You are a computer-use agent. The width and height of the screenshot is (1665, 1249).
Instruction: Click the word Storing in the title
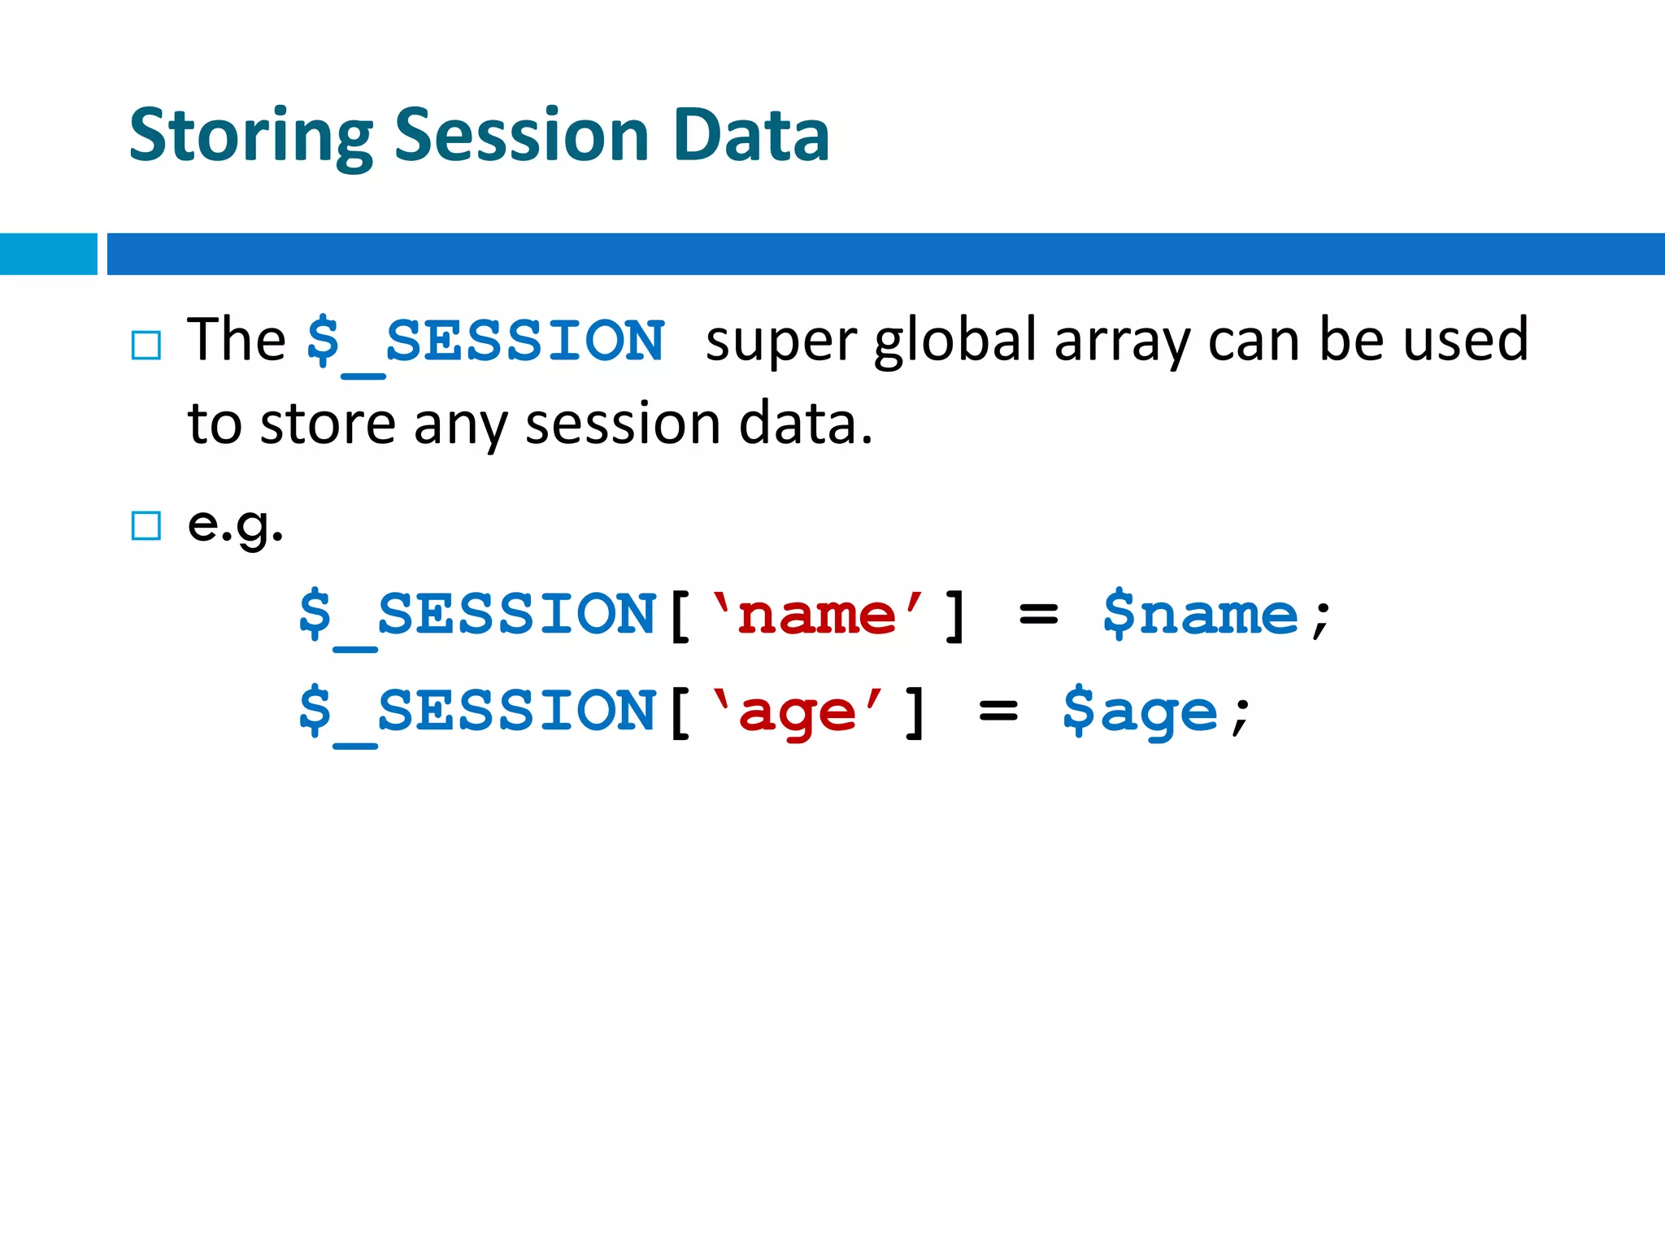click(250, 137)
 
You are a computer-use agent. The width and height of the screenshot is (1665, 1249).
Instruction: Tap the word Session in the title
click(521, 135)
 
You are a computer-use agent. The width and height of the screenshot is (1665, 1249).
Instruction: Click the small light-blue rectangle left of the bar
click(48, 254)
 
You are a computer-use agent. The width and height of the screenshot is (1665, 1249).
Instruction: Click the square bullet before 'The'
click(146, 346)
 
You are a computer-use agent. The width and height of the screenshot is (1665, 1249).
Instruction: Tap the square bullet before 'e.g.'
click(146, 525)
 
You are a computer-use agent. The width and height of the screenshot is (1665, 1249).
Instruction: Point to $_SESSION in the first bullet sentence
click(485, 342)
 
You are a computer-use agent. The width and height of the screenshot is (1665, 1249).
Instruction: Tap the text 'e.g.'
click(235, 524)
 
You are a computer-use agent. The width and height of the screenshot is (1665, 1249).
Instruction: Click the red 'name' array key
click(816, 615)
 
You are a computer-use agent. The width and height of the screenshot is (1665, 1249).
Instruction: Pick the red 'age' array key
click(797, 712)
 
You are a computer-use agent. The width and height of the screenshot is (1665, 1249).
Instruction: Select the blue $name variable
click(1200, 615)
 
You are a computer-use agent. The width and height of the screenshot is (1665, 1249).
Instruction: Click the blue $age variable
click(1140, 712)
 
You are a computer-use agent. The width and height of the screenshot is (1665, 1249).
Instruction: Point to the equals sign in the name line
click(1038, 616)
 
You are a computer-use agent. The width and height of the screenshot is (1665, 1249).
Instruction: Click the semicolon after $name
click(1321, 620)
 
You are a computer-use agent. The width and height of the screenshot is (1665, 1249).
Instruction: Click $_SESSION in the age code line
click(476, 712)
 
